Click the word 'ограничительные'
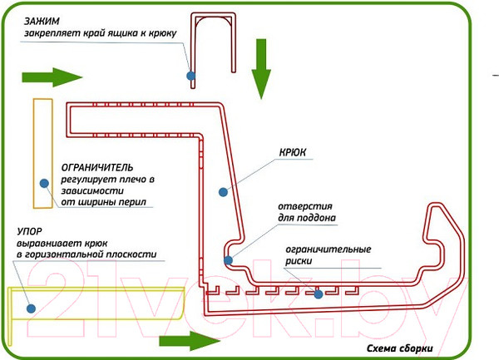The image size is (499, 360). [x=328, y=249]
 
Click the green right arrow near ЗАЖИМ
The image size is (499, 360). [x=52, y=78]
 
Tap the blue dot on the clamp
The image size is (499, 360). [x=191, y=75]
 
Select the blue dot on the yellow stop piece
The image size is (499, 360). [x=30, y=308]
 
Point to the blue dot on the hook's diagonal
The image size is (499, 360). [x=223, y=193]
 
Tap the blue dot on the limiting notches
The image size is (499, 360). [x=318, y=293]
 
